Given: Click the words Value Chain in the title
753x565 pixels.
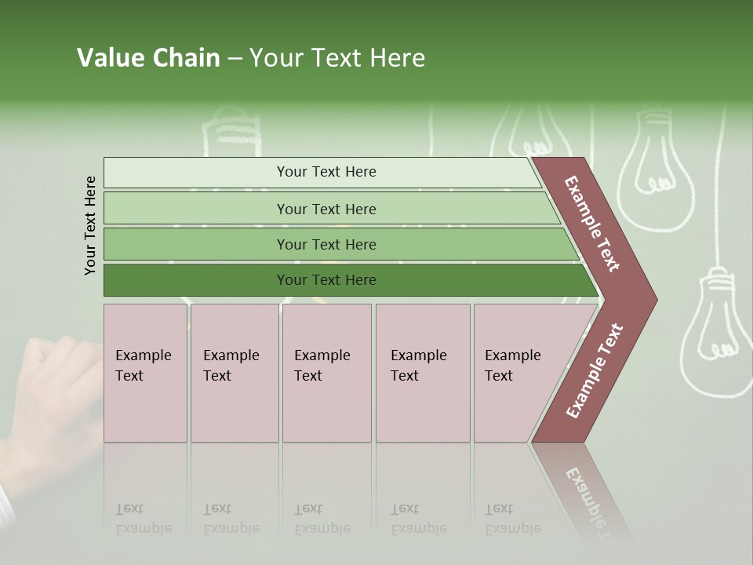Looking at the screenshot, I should pyautogui.click(x=148, y=58).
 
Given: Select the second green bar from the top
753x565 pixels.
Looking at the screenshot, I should pyautogui.click(x=326, y=209).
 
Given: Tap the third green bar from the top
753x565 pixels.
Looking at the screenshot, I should pyautogui.click(x=326, y=244).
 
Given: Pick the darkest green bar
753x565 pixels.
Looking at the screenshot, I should pyautogui.click(x=326, y=280).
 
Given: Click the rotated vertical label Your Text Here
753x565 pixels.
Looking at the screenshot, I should pyautogui.click(x=90, y=225).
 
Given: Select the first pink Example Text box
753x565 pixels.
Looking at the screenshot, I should pyautogui.click(x=145, y=372).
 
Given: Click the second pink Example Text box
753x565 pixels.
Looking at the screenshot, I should pyautogui.click(x=234, y=372).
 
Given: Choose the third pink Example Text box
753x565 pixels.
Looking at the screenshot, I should pyautogui.click(x=326, y=372).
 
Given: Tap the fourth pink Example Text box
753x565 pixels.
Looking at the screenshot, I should pyautogui.click(x=422, y=372).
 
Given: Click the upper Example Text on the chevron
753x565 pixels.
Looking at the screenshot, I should pyautogui.click(x=593, y=224).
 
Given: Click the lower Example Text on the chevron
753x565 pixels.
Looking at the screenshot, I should pyautogui.click(x=595, y=370).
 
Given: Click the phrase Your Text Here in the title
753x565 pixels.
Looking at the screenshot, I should pyautogui.click(x=337, y=58).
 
